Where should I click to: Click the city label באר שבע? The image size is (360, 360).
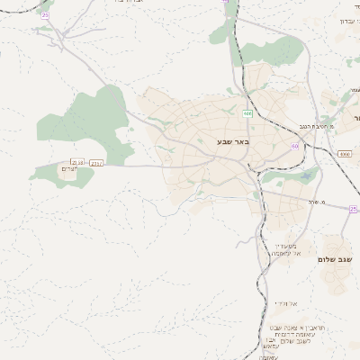tap(233, 142)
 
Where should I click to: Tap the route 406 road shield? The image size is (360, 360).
tap(247, 113)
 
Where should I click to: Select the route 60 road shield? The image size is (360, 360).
tap(294, 146)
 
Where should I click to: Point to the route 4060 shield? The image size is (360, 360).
tap(345, 154)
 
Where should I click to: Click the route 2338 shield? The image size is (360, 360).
tap(77, 162)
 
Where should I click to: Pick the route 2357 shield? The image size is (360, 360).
tap(96, 163)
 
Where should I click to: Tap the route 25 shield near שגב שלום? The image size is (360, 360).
tap(354, 209)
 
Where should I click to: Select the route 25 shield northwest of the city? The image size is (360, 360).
tap(46, 15)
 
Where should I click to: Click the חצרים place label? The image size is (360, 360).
tap(70, 169)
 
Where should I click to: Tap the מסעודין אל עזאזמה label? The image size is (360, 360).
tap(292, 249)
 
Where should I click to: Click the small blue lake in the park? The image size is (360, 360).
tap(307, 176)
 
